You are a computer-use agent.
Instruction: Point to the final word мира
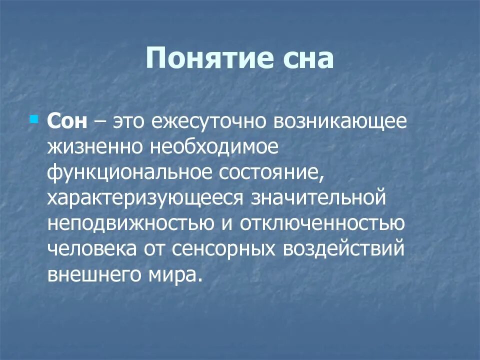tap(173, 274)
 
